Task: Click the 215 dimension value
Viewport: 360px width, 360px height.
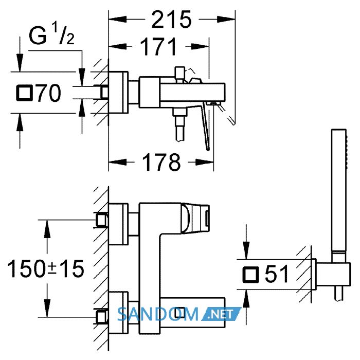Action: pos(171,20)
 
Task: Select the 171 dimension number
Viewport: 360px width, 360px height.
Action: pos(158,47)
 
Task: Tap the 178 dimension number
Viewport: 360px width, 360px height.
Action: pos(161,163)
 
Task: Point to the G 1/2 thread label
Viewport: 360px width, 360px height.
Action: pos(51,35)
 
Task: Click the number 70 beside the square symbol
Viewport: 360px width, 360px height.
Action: pos(49,93)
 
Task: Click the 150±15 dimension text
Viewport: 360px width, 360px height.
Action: pos(46,268)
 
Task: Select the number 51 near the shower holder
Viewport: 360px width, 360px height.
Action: pos(277,274)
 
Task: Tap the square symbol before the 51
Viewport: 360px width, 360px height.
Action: pos(250,274)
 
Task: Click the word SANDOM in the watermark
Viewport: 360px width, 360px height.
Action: pos(158,314)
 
